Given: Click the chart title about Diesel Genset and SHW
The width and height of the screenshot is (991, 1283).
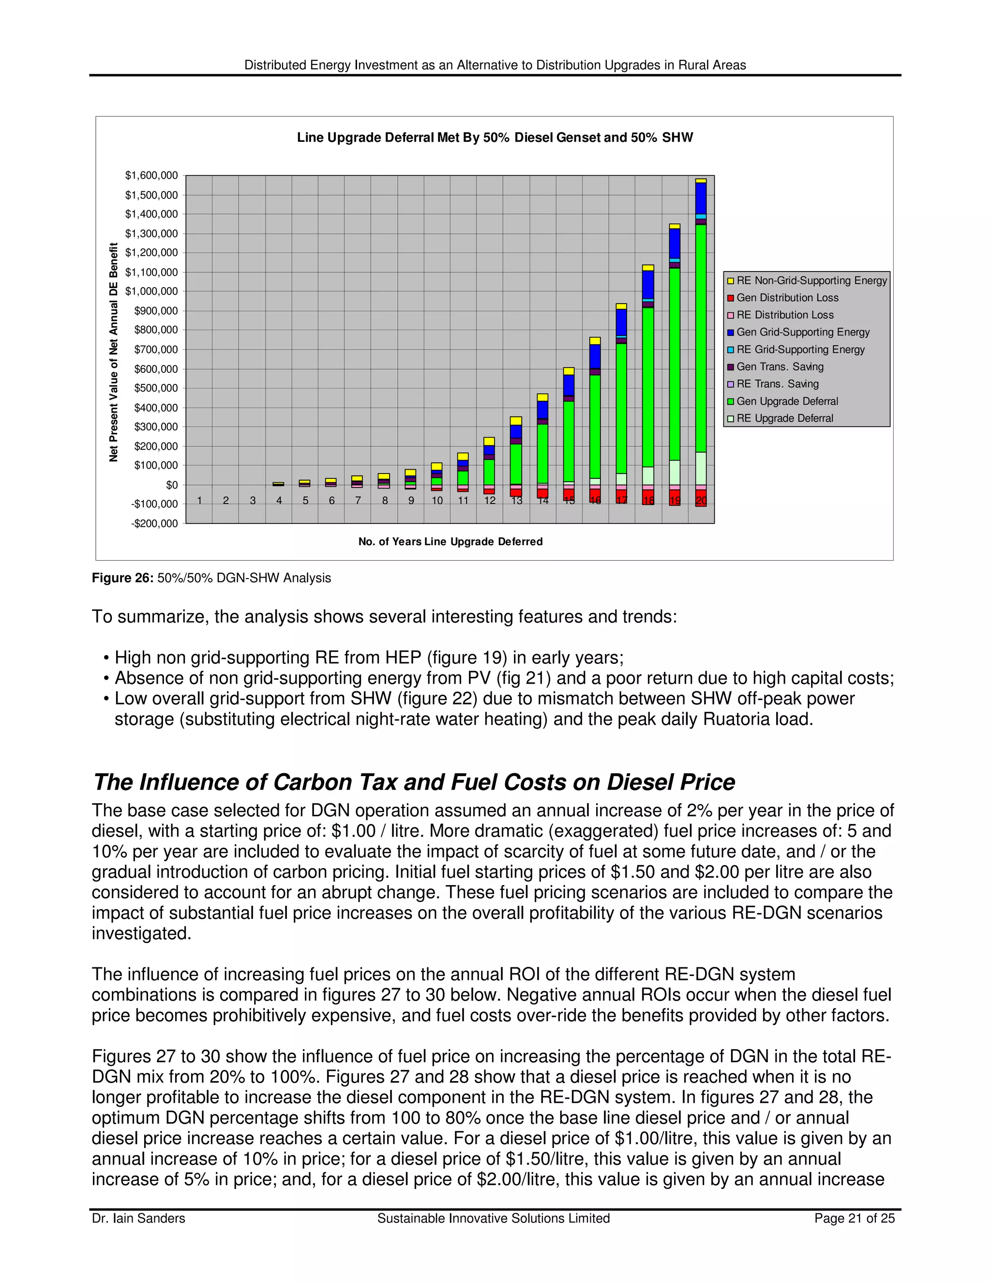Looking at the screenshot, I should [x=495, y=137].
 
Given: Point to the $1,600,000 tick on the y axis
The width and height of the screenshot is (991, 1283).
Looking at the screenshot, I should [x=151, y=175].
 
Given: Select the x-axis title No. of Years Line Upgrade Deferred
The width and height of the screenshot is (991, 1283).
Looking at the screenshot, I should [x=450, y=542].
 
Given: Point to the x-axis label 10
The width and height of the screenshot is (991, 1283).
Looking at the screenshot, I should [x=437, y=501].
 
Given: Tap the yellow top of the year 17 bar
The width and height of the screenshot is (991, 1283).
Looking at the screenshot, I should [x=621, y=306].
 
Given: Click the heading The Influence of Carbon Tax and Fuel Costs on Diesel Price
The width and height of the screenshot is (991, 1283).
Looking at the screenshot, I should [x=414, y=782].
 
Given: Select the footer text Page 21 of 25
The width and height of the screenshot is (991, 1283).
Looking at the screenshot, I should [x=854, y=1219].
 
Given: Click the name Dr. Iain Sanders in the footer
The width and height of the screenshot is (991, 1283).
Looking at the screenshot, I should [x=138, y=1219].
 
